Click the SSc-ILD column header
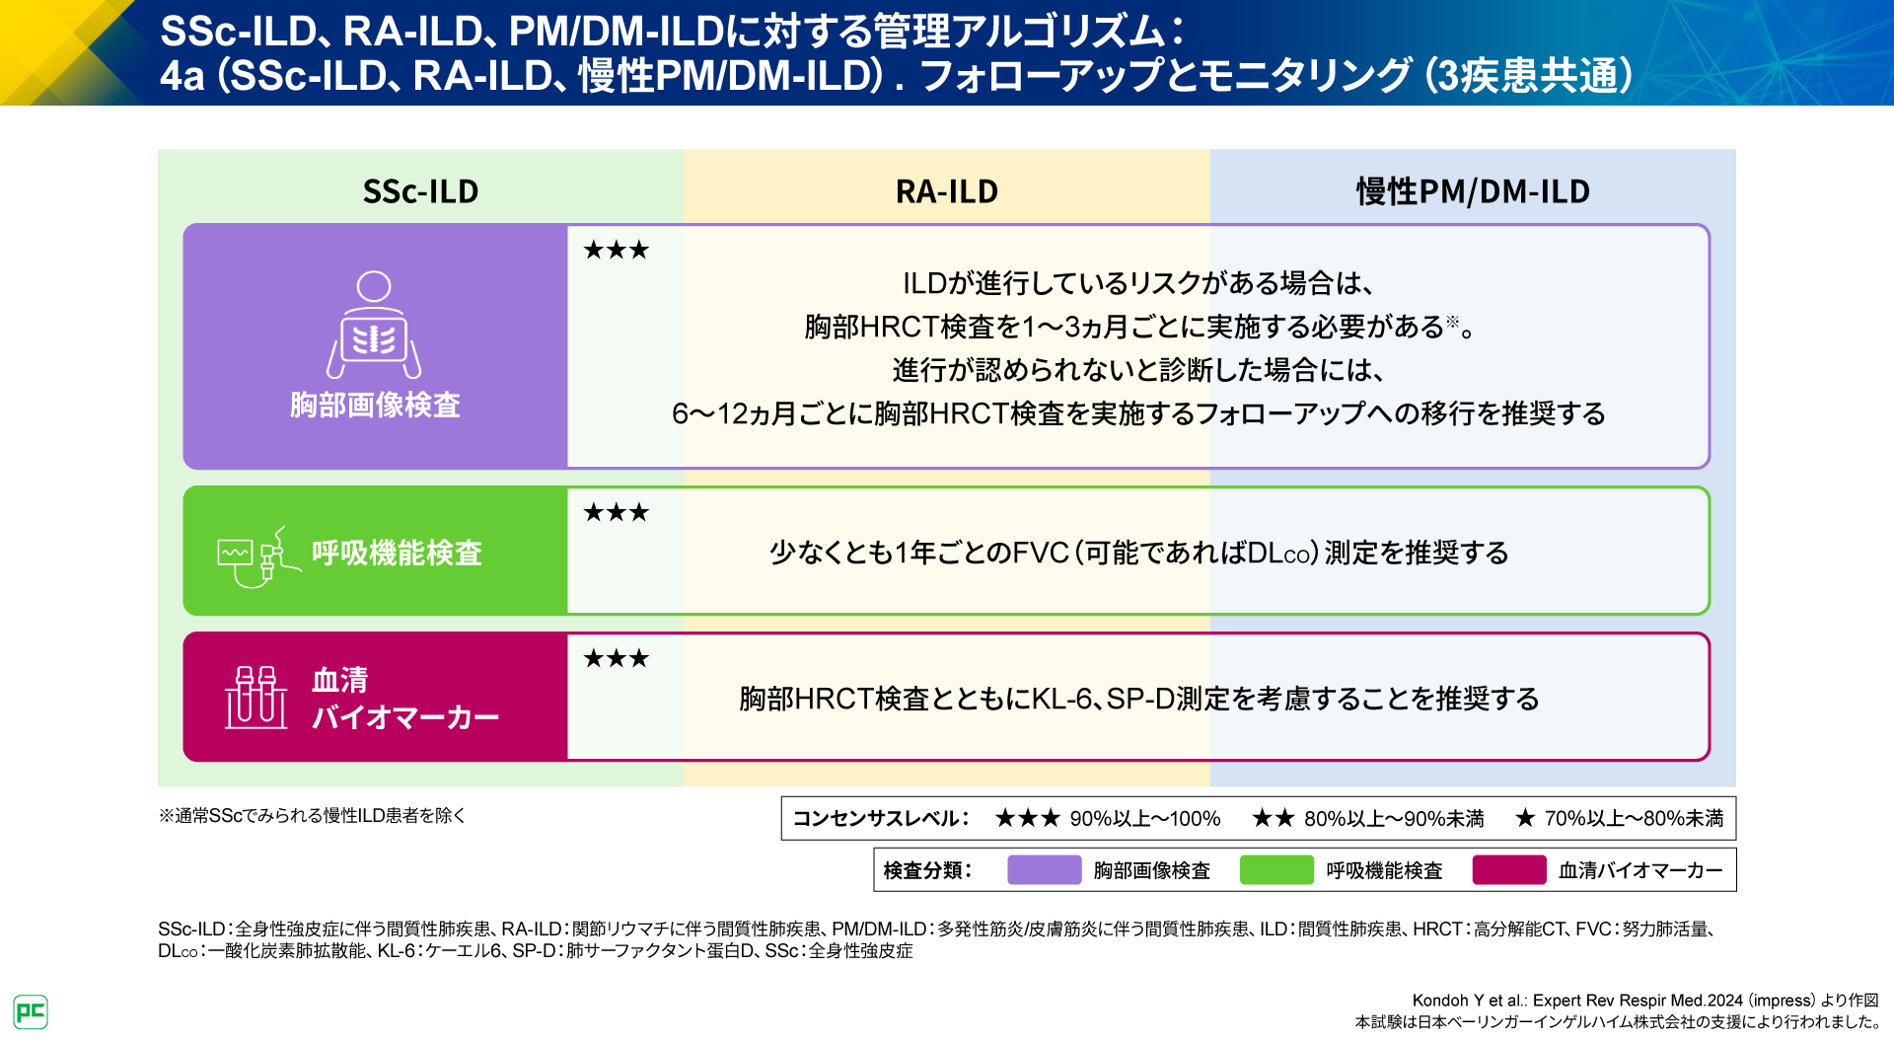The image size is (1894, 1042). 420,191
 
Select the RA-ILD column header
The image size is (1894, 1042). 946,191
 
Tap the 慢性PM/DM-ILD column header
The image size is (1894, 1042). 1473,191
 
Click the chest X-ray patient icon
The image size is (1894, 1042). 374,325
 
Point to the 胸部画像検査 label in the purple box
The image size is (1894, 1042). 375,405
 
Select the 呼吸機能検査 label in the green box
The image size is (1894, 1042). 397,553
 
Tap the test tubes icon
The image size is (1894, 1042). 256,697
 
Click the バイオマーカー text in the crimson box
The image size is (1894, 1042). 405,716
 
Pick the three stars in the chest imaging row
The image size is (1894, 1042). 616,251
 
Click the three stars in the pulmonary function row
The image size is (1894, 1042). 616,513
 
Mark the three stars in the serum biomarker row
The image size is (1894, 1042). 616,659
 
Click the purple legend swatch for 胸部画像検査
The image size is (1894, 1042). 1044,870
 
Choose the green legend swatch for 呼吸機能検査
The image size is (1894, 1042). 1276,870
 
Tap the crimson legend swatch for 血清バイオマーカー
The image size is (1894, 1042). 1508,870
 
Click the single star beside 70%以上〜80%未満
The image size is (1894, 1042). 1525,818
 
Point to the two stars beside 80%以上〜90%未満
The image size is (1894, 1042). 1273,818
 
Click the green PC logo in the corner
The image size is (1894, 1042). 31,1011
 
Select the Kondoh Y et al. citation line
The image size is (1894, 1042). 1644,1001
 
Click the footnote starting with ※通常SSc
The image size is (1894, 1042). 312,816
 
